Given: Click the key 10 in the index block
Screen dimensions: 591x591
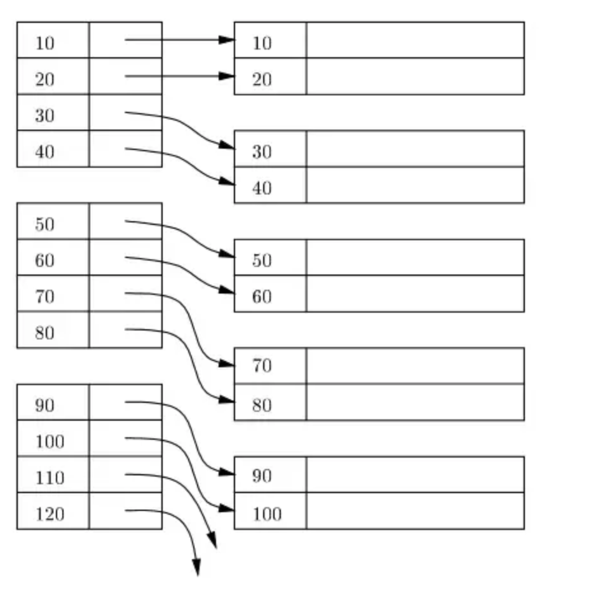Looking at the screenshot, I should tap(44, 43).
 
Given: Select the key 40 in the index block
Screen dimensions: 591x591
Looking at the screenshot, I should tap(44, 152).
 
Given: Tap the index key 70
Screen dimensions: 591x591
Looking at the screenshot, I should tap(44, 297).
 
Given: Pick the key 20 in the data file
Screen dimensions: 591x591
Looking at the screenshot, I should tap(262, 79).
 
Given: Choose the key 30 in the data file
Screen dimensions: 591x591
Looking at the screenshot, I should tap(262, 152).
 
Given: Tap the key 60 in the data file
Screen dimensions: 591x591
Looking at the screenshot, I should tap(262, 297).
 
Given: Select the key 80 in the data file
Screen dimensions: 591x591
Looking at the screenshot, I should tap(262, 405).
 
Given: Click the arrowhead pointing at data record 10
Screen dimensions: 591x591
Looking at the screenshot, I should tap(228, 40).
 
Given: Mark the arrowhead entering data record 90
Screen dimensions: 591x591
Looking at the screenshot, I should tap(228, 472).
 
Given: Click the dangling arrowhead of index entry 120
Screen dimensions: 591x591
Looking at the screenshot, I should tap(196, 567).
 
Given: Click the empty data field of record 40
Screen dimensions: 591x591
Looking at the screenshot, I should tap(415, 185).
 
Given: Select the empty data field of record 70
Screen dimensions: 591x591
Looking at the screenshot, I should tap(415, 365).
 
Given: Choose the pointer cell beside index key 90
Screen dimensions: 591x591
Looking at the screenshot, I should tap(125, 402).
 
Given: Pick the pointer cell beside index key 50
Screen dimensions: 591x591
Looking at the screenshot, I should tap(125, 221).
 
